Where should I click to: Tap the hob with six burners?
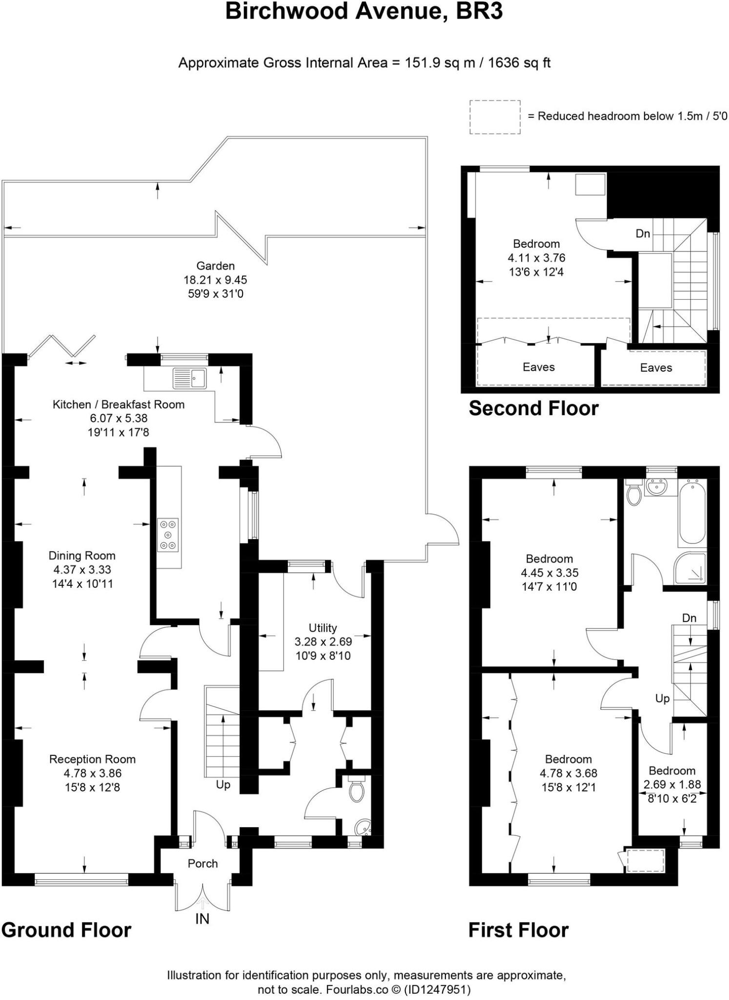(x=168, y=535)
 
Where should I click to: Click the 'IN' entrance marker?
(x=202, y=919)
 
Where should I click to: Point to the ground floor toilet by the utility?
(x=357, y=789)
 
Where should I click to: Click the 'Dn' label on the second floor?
(x=643, y=234)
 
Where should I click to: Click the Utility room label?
(x=323, y=628)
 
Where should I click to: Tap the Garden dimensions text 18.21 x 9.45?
(x=215, y=280)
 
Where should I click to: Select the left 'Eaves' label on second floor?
(x=538, y=367)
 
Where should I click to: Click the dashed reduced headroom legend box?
(x=495, y=117)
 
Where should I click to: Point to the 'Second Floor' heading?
(x=533, y=408)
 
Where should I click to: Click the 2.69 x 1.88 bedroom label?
(x=672, y=785)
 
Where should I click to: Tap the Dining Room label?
(x=82, y=556)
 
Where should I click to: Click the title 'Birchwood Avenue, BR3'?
(x=364, y=12)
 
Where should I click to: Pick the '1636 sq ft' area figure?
(x=519, y=63)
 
